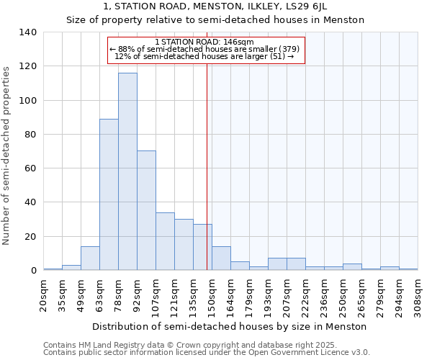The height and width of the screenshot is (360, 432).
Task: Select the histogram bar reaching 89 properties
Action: (109, 194)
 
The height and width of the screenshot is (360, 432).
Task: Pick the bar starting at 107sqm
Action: (165, 241)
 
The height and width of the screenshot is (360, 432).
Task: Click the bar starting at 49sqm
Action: (90, 258)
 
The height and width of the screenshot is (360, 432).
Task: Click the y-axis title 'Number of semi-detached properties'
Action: (7, 155)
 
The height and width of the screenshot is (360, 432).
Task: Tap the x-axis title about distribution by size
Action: (230, 327)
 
